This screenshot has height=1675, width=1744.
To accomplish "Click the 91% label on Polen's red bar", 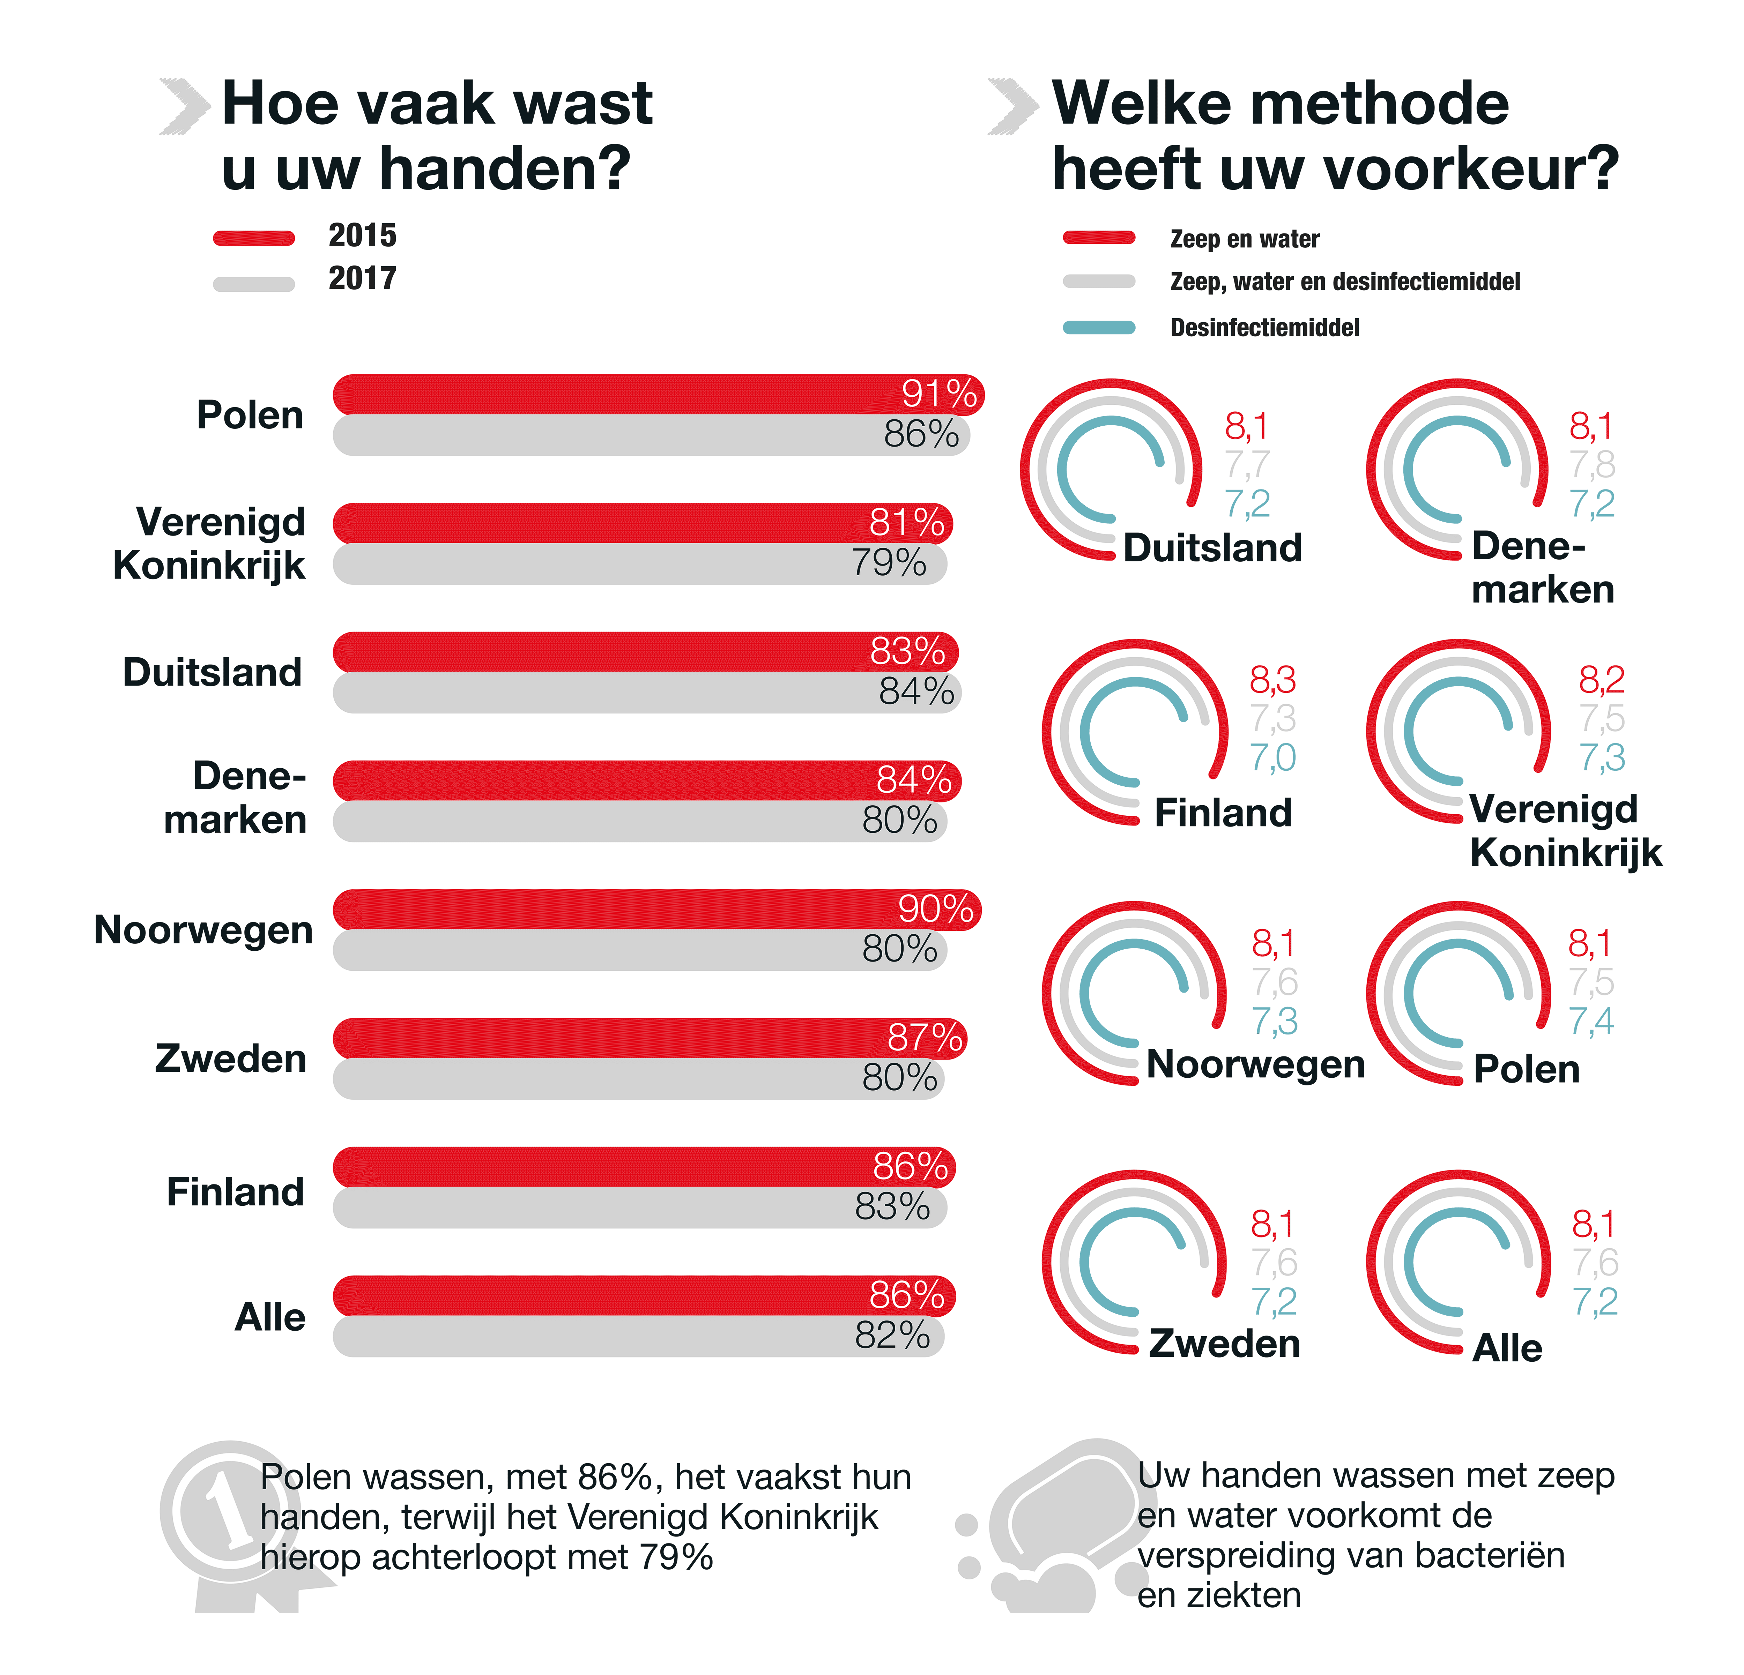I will click(x=939, y=393).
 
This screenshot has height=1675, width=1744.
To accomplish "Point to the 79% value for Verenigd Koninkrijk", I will click(x=888, y=563).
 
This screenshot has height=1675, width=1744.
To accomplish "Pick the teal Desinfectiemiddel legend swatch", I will click(x=1099, y=327).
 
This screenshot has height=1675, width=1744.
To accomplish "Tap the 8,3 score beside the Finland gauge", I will click(x=1272, y=680).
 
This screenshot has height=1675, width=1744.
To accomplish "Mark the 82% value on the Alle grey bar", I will click(x=892, y=1335).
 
